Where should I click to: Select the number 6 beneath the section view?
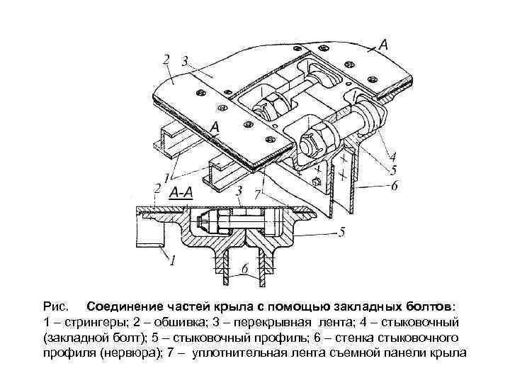pyautogui.click(x=245, y=270)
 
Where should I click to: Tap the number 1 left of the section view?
pyautogui.click(x=171, y=261)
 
